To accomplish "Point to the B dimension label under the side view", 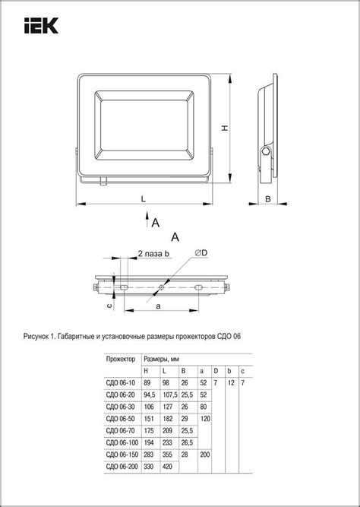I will tap(268, 199).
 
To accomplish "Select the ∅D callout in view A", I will tap(201, 252).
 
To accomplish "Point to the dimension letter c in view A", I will tap(109, 305).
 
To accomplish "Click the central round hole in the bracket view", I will tap(161, 288).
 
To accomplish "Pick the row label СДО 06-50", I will tap(122, 419).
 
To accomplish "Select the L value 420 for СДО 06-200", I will tap(169, 466).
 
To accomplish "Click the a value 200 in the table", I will tap(204, 455).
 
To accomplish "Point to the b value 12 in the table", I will tap(230, 383).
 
